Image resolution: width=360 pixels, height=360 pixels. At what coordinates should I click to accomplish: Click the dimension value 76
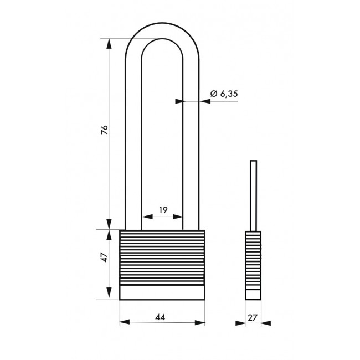(105, 130)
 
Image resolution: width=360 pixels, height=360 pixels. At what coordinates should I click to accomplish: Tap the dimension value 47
(105, 258)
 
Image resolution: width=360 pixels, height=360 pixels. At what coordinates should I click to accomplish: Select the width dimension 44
(160, 317)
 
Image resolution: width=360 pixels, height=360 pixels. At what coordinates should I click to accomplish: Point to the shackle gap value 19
(163, 210)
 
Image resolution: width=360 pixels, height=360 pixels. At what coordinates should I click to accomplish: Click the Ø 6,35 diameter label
(224, 94)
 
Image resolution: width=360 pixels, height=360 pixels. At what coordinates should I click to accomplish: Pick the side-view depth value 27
(253, 317)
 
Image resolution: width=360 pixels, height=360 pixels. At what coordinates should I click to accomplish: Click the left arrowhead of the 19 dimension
(147, 217)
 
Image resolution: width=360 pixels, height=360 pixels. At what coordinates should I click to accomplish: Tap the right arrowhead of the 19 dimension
(178, 217)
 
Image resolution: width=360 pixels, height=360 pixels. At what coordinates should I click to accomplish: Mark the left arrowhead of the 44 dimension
(125, 322)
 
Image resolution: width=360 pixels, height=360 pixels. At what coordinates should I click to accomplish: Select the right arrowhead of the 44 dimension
(200, 322)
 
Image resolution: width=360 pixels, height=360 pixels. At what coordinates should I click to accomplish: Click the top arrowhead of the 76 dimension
(109, 44)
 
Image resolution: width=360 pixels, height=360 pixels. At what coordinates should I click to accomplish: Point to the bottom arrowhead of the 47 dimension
(109, 293)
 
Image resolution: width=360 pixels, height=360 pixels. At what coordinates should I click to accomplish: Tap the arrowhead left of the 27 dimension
(240, 323)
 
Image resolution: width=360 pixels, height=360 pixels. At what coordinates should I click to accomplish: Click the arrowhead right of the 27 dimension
(266, 323)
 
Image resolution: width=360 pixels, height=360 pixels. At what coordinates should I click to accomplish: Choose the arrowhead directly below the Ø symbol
(205, 101)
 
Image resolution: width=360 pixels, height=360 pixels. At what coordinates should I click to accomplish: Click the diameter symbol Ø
(214, 94)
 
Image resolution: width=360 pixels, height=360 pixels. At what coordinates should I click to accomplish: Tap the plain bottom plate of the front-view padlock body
(162, 292)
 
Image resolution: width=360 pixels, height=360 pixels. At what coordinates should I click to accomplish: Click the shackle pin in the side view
(253, 196)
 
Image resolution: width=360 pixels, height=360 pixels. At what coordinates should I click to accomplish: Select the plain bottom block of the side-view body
(253, 295)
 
